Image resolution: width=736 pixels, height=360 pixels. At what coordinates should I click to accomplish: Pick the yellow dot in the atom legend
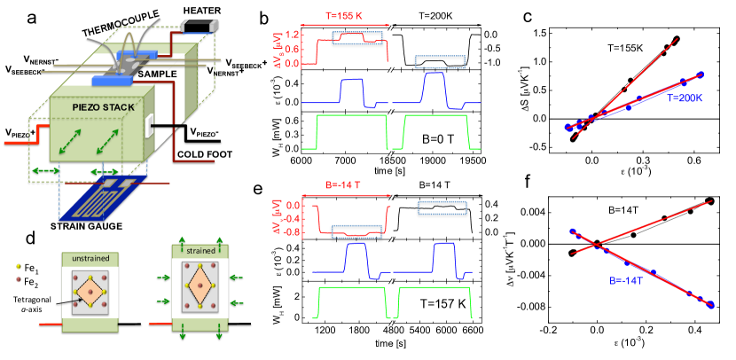[x=19, y=266]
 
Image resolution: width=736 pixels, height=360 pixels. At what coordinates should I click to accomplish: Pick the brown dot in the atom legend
[x=19, y=279]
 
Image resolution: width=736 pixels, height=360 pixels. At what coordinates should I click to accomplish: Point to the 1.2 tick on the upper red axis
[x=299, y=35]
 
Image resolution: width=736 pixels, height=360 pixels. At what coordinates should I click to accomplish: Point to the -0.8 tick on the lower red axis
[x=297, y=231]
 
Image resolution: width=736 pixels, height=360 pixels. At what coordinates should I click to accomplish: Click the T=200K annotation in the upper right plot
[x=685, y=98]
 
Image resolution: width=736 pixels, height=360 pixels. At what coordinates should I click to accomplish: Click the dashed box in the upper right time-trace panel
[x=440, y=61]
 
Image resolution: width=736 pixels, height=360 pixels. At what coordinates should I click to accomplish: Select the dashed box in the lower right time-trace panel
[x=442, y=207]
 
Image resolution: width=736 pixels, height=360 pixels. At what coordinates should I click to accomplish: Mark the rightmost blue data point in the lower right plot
[x=712, y=304]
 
